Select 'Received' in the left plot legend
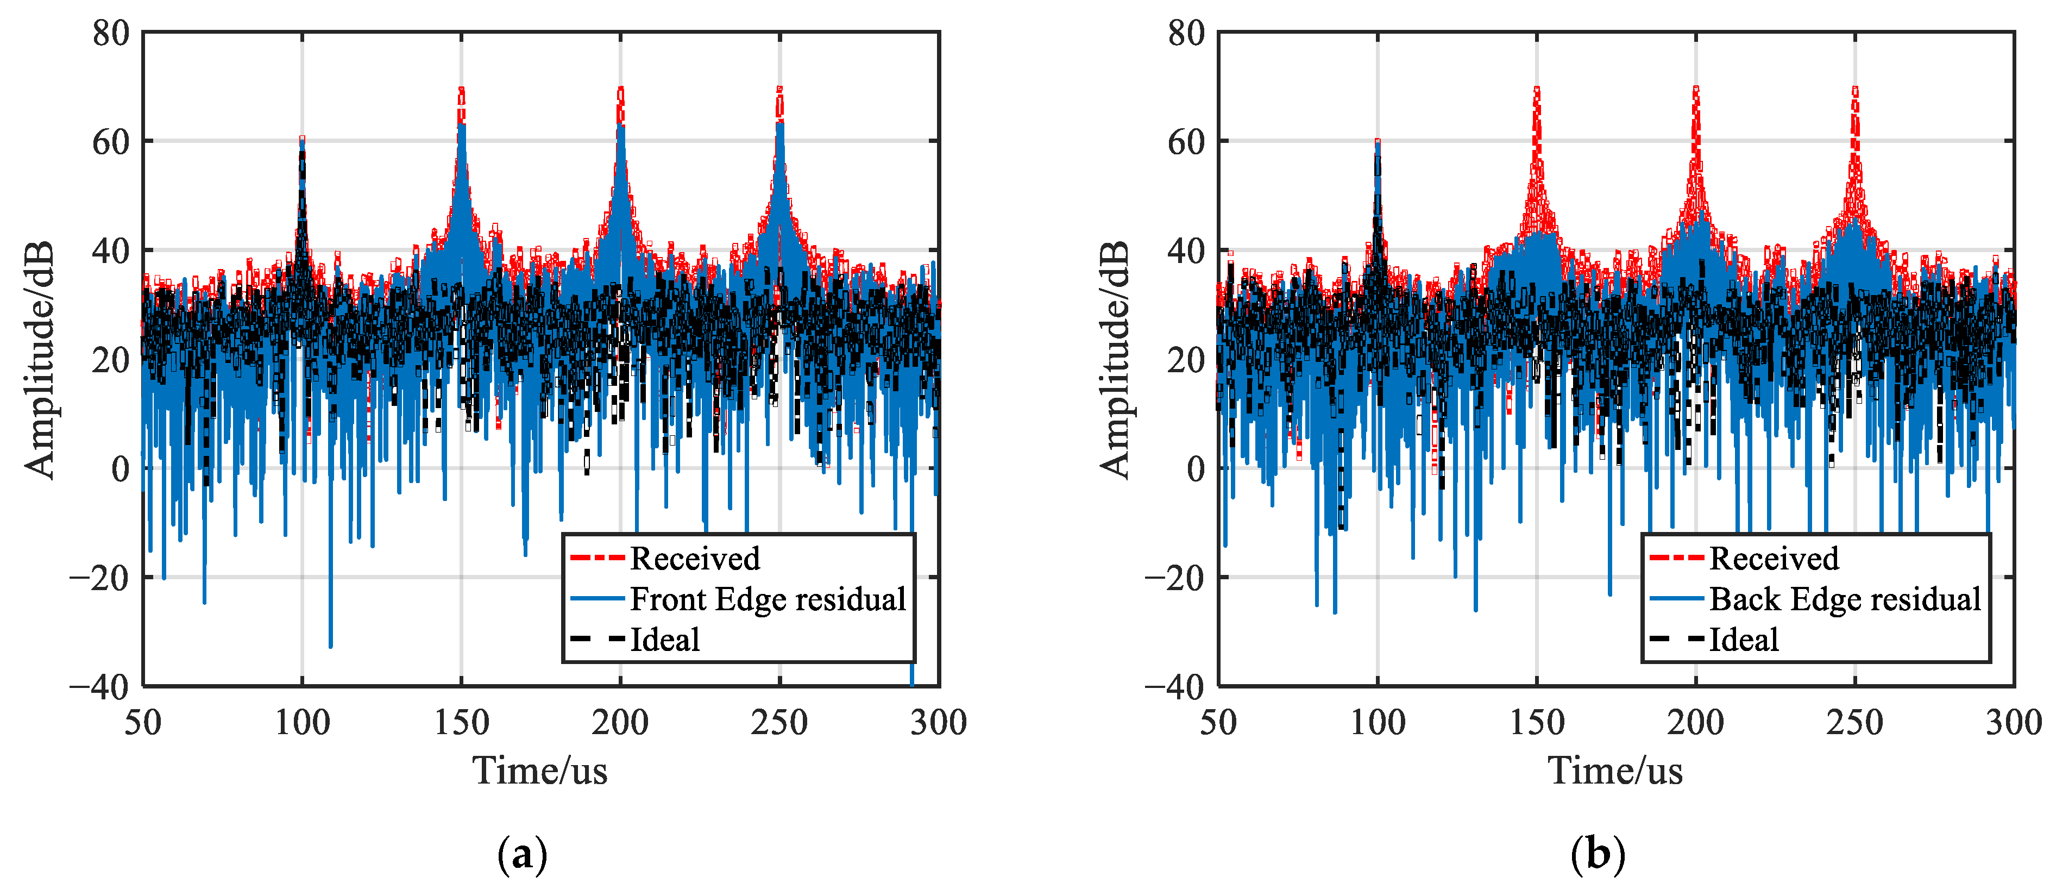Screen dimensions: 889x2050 pyautogui.click(x=694, y=559)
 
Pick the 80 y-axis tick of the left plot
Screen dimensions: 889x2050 pyautogui.click(x=111, y=34)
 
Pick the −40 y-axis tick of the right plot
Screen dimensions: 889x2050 pyautogui.click(x=1174, y=686)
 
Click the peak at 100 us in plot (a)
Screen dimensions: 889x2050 pyautogui.click(x=303, y=140)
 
